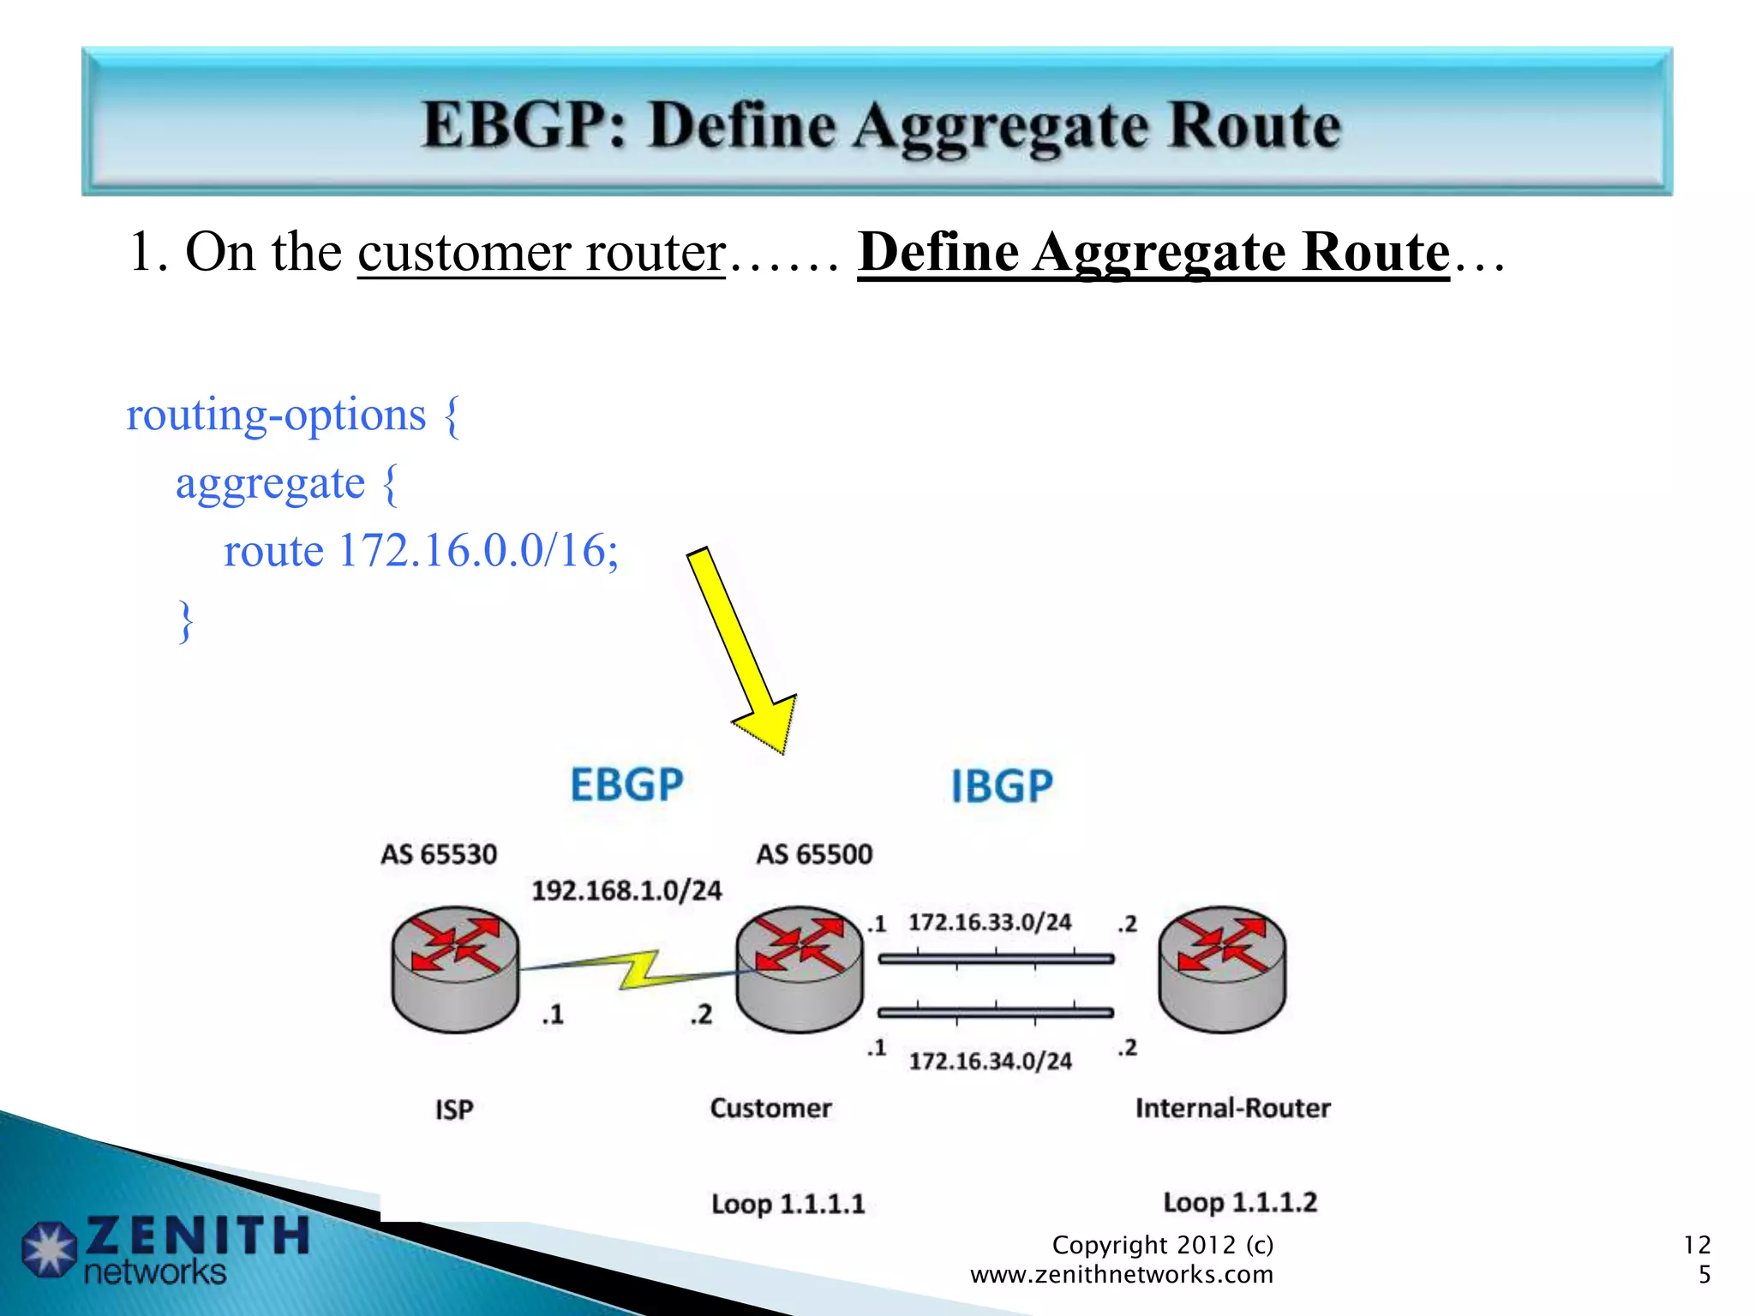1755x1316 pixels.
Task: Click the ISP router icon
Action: [x=455, y=969]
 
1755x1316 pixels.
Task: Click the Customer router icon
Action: [x=800, y=969]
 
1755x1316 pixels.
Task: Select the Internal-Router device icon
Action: [x=1222, y=969]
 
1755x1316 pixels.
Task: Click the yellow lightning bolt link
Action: [x=638, y=970]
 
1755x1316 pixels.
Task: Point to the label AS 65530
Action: [x=439, y=854]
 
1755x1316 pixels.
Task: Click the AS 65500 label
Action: [x=814, y=854]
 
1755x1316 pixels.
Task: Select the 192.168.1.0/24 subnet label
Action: [x=626, y=891]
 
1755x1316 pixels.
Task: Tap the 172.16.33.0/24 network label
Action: [x=990, y=923]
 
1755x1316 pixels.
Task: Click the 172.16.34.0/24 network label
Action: [x=990, y=1062]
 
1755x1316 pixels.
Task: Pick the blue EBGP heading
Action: [x=626, y=785]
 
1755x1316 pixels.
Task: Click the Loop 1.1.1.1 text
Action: [x=788, y=1204]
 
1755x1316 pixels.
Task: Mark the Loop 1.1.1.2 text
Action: [x=1239, y=1202]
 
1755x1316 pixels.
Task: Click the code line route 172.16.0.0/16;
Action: [x=420, y=551]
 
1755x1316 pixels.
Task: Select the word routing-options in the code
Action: [x=276, y=416]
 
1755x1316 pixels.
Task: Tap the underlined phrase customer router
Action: [x=542, y=253]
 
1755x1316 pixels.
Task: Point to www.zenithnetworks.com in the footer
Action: [x=1121, y=1275]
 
